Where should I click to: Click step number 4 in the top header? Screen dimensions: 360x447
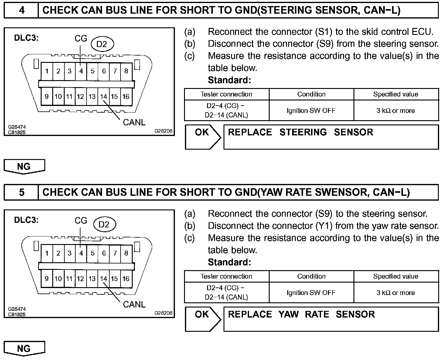[x=22, y=10]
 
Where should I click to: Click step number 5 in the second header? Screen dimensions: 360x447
[x=22, y=192]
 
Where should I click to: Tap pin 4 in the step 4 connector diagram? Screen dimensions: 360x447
[x=81, y=71]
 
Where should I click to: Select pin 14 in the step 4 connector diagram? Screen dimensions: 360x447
[x=104, y=97]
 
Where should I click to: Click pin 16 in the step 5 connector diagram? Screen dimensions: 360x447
[x=126, y=279]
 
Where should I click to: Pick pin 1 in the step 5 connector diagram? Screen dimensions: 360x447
[x=47, y=253]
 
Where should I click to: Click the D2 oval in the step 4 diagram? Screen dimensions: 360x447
[x=102, y=44]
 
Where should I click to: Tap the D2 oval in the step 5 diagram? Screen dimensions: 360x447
[x=104, y=225]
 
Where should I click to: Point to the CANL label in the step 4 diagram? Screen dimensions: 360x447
[x=134, y=122]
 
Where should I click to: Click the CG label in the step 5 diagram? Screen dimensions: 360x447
[x=81, y=221]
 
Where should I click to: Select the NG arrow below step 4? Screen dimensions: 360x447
[x=24, y=167]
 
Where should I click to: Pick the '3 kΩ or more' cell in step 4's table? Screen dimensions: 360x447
[x=396, y=111]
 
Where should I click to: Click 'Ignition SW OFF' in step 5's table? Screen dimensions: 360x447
[x=311, y=293]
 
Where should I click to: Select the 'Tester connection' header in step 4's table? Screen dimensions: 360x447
[x=226, y=94]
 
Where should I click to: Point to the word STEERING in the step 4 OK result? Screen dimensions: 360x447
[x=303, y=132]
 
